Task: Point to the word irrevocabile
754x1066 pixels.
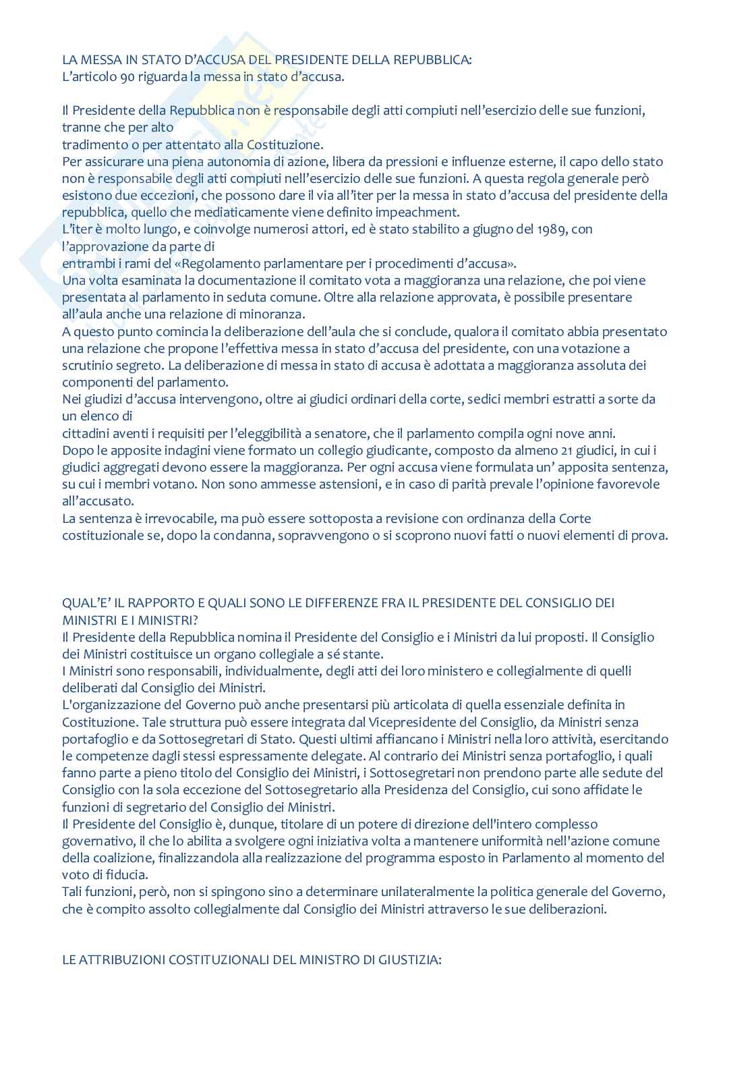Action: pos(161,519)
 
